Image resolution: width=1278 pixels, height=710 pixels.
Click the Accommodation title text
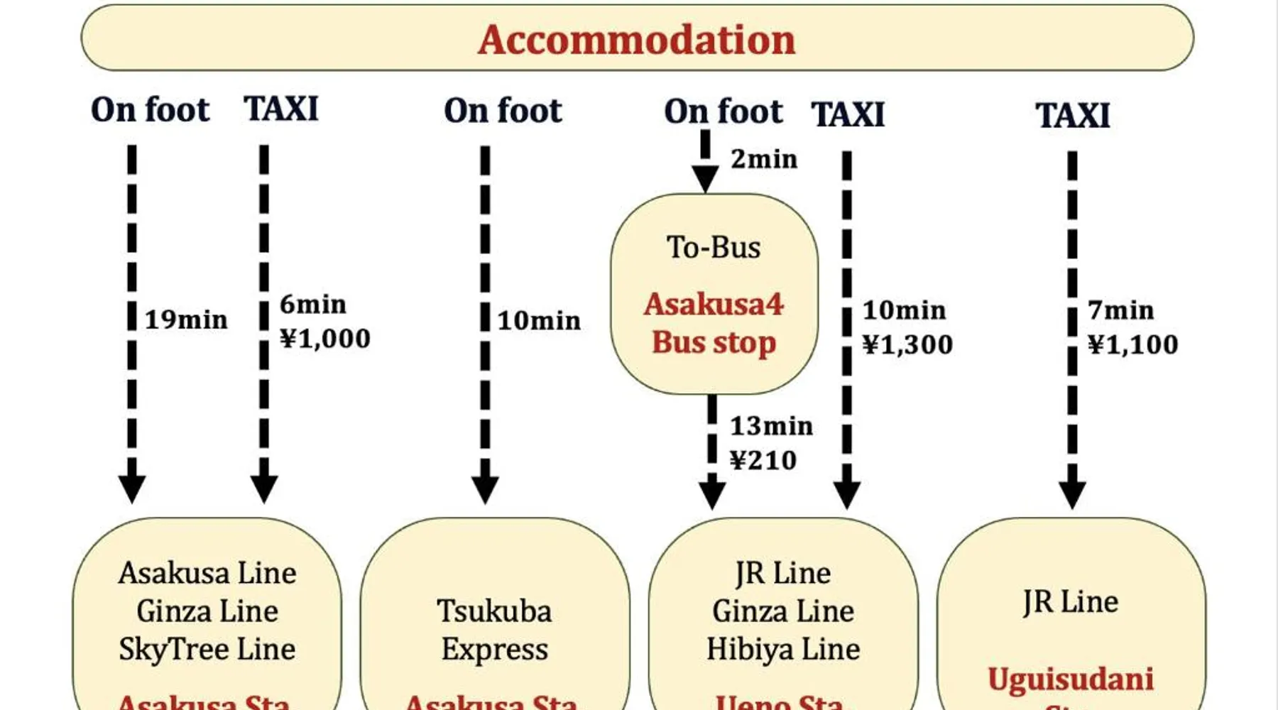click(637, 39)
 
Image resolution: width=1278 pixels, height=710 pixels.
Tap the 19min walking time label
click(186, 319)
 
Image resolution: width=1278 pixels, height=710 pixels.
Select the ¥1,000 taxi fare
click(325, 339)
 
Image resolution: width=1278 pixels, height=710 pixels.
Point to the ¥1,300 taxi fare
click(907, 344)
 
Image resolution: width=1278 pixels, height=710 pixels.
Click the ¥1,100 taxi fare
click(1132, 344)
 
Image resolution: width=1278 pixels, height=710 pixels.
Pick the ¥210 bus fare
click(763, 460)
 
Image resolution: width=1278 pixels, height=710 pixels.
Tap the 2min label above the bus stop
click(764, 159)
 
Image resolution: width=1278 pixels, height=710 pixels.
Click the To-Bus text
click(714, 247)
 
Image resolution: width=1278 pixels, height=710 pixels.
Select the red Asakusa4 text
click(714, 304)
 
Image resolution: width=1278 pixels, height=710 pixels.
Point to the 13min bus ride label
click(771, 426)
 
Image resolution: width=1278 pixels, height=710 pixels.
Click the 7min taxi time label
click(1120, 310)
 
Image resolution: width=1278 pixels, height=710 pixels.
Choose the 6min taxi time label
click(312, 305)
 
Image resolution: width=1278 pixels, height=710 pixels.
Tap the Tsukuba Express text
click(494, 630)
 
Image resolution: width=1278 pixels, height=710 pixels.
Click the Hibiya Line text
click(783, 649)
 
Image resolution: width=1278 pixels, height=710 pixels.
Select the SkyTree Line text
click(207, 649)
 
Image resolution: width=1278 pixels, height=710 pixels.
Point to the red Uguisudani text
click(1070, 679)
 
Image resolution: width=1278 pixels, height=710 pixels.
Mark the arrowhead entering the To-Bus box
click(705, 179)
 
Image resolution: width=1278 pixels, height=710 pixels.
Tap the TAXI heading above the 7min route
click(1072, 115)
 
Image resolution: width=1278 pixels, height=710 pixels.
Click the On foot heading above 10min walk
click(503, 111)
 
